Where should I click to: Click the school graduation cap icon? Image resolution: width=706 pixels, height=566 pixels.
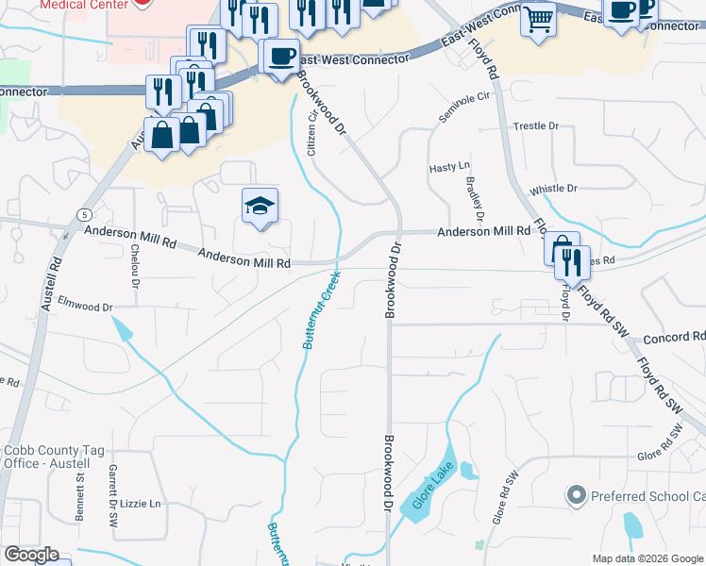point(260,207)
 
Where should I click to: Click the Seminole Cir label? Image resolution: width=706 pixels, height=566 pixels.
point(465,108)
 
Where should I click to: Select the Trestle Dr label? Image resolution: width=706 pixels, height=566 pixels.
point(536,125)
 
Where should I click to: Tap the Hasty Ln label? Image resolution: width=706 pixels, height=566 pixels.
point(449,167)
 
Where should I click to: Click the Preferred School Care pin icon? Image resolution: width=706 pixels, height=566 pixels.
point(576,494)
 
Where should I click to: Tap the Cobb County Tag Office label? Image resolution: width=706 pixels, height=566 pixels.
point(47,457)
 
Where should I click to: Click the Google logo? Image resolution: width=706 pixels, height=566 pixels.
point(31,555)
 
